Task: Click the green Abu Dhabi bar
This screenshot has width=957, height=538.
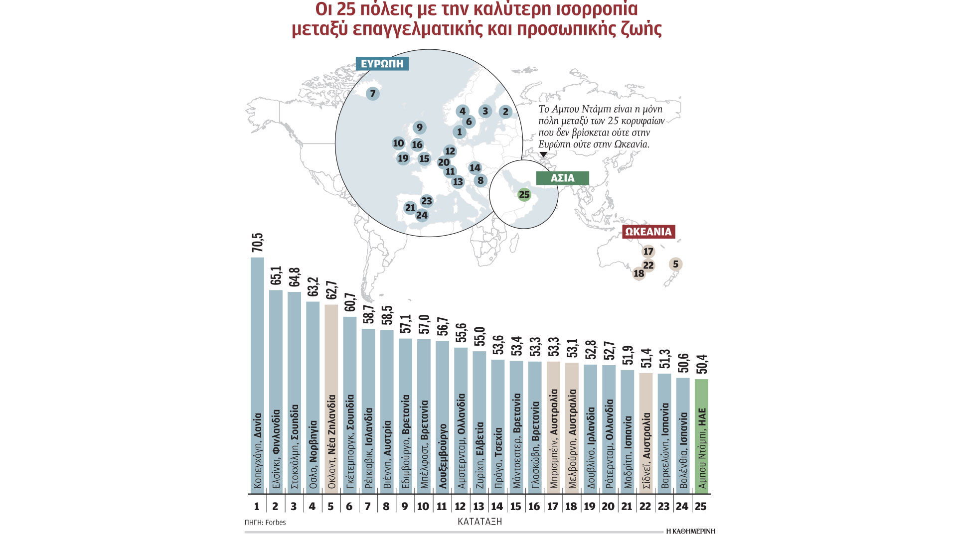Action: pos(701,436)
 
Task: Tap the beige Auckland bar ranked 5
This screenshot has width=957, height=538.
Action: pos(331,399)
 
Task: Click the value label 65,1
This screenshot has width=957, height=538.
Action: pos(276,275)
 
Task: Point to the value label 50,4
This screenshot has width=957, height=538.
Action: pos(701,364)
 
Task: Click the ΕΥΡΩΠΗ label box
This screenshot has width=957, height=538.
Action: pos(382,64)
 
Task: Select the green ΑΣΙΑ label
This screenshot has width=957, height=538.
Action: pos(562,178)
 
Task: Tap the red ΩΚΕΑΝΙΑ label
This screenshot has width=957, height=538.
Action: pos(648,232)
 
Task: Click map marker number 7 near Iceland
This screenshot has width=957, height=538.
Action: pos(372,93)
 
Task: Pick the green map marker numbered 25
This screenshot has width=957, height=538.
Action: pos(524,195)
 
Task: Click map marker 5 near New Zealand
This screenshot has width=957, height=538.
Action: pos(675,264)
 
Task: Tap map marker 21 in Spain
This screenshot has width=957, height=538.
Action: pos(410,208)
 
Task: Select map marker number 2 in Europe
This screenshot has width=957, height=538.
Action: pos(505,112)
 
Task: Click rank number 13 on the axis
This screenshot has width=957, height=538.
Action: pos(478,507)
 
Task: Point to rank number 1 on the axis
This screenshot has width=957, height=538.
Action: pos(257,507)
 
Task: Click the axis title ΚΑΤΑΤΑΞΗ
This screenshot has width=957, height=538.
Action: pos(479,522)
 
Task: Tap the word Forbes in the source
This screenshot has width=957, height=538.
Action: pos(276,523)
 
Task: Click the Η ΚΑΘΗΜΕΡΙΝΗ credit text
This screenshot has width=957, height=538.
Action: pos(690,532)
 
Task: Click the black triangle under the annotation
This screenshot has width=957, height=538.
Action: pos(543,155)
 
